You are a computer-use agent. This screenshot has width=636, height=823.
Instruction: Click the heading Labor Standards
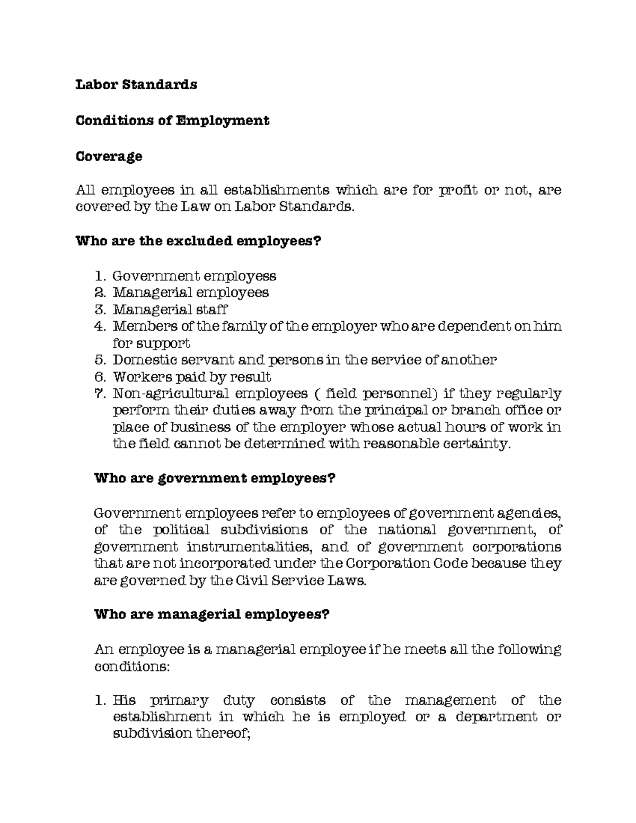[x=136, y=85]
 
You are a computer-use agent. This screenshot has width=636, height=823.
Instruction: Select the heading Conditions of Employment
[x=172, y=120]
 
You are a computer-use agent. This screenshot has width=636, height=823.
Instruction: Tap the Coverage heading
[x=109, y=156]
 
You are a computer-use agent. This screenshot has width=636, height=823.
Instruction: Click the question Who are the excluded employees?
[x=199, y=242]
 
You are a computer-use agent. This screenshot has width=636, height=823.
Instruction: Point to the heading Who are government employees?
[x=215, y=478]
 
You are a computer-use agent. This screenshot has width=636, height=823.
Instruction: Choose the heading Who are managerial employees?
[x=211, y=615]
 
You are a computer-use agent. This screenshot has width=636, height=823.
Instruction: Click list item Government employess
[x=195, y=276]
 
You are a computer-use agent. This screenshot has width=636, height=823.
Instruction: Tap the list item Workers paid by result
[x=192, y=377]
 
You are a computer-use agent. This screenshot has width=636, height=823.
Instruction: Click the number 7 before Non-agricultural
[x=98, y=394]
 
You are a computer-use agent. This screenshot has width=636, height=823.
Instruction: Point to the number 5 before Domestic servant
[x=98, y=360]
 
